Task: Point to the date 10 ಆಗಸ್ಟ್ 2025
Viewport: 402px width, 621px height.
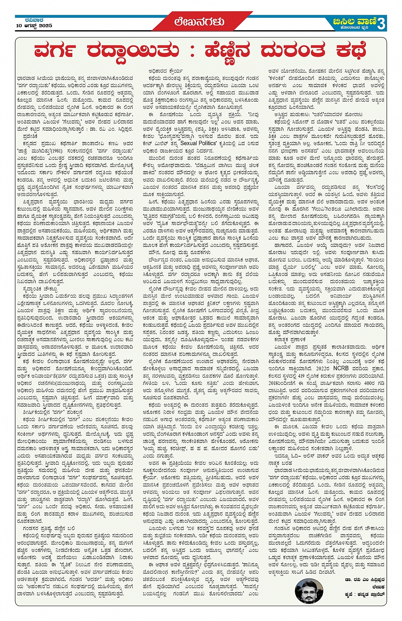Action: [34, 26]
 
